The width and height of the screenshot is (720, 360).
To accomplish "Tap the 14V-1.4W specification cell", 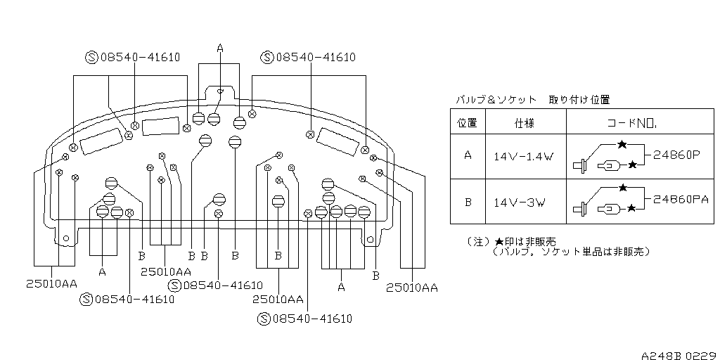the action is pos(523,157).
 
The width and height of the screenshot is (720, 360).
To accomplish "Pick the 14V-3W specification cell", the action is pos(519,202).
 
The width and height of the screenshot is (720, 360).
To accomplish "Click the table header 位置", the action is pos(468,122).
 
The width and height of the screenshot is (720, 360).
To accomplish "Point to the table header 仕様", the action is pos(525,122).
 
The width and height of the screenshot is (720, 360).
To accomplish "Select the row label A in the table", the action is pos(468,155).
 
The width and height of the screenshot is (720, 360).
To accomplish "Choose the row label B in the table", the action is pos(468,202).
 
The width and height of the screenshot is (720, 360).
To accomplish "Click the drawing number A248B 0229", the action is pos(680,355).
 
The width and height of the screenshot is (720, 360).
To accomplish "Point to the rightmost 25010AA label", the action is pos(412,288).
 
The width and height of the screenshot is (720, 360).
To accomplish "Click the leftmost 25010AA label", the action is pos(51,283).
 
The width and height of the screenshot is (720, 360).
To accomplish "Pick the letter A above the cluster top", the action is pos(220,48).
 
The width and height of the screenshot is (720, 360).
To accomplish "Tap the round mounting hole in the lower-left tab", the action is pos(65,239).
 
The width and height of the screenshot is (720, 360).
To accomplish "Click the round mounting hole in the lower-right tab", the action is pos(370,239).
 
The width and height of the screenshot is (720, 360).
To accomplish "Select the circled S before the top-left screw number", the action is pos(92,58).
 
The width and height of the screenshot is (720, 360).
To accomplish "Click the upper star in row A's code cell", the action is pos(622,144).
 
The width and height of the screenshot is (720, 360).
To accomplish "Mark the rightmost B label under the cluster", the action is pos(375,276).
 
